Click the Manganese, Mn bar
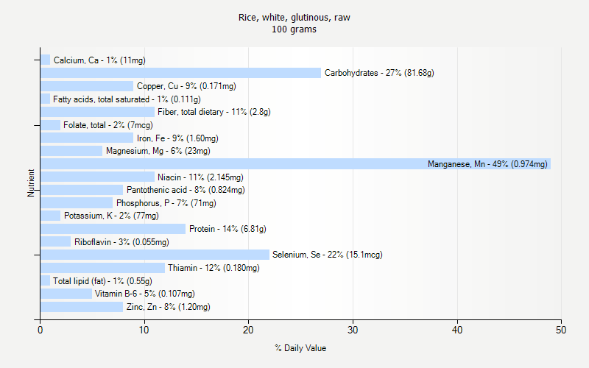coord(294,164)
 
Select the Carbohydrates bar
coord(180,73)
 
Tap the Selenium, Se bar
coord(155,255)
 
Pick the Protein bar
coord(113,229)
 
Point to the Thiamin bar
coord(102,268)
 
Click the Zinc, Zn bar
coord(82,307)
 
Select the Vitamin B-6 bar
coord(66,294)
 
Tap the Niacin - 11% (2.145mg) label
coord(200,177)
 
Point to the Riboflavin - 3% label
coord(121,242)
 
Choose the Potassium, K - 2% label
coord(111,216)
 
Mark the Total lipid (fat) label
coord(102,281)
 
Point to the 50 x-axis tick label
coord(562,330)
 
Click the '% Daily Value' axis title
coord(300,348)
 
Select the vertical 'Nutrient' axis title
coord(32,183)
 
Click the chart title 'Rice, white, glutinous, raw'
coord(294,17)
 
